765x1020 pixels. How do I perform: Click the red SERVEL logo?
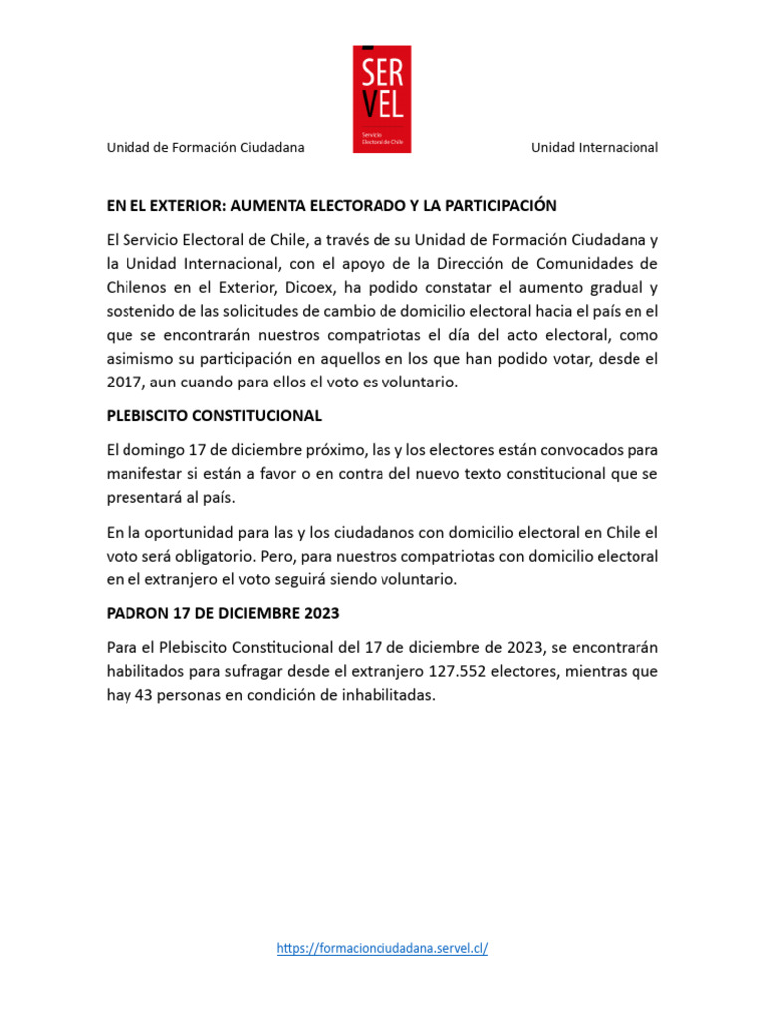[382, 100]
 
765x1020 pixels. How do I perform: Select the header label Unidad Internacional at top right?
[595, 148]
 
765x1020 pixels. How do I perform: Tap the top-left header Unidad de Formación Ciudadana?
[205, 148]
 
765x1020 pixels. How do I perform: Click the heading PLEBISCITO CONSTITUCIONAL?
[214, 415]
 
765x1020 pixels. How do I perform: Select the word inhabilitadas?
[384, 695]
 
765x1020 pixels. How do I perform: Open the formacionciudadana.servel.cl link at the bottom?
[382, 949]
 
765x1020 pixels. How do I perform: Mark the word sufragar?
[234, 671]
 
